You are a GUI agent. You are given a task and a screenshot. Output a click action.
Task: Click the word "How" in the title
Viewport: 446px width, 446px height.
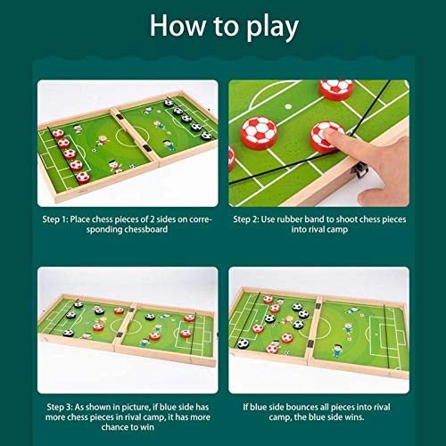[x=178, y=26]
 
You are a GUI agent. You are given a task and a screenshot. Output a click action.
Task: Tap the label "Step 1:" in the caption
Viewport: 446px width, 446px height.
[x=55, y=219]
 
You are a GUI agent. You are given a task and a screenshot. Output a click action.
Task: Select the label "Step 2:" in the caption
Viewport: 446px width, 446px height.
[x=246, y=219]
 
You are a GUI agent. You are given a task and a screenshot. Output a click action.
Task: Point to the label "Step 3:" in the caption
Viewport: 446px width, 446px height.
[x=60, y=407]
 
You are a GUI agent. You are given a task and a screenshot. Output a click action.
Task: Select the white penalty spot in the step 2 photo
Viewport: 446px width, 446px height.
[x=288, y=106]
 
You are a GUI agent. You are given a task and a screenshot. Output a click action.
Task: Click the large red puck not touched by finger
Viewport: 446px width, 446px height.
[x=260, y=132]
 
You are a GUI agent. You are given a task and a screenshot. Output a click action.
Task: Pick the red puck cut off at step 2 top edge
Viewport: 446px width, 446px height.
[x=336, y=88]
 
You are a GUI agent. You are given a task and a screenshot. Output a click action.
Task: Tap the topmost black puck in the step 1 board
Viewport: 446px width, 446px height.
[x=169, y=103]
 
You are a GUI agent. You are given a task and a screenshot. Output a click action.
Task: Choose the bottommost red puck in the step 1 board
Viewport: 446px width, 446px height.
[x=83, y=177]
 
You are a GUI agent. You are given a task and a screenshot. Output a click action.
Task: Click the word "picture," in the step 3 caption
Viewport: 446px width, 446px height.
[x=136, y=407]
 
